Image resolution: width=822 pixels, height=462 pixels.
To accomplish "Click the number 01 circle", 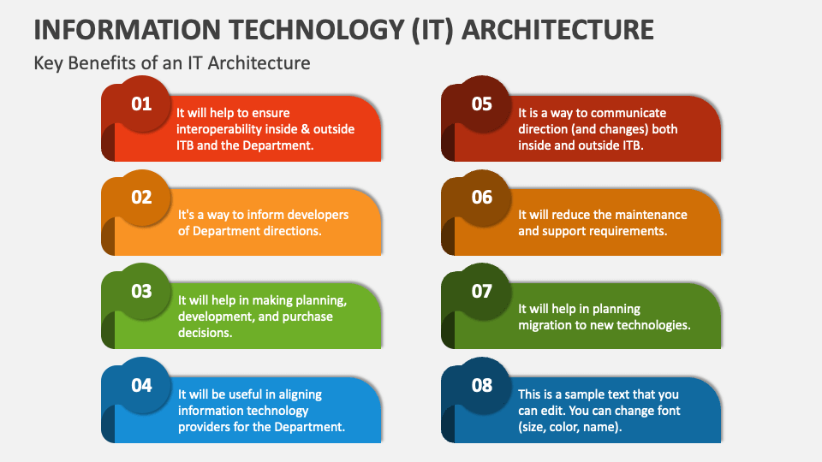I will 141,104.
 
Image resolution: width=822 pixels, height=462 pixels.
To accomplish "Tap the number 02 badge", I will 141,198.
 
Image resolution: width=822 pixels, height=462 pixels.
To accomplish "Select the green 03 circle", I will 141,292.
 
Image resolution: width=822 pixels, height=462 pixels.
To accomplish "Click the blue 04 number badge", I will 141,385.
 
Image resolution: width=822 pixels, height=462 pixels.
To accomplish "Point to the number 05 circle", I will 482,104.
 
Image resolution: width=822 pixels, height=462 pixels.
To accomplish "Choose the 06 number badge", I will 482,198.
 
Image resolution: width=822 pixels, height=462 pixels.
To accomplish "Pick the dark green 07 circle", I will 482,292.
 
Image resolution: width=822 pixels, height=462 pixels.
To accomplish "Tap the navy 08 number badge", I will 482,385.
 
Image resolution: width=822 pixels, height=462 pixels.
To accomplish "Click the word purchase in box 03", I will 304,317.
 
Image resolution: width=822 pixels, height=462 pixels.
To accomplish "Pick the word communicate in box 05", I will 628,113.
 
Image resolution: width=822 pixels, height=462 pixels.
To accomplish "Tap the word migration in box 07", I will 545,325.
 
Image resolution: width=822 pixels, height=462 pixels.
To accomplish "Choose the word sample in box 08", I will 584,394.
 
